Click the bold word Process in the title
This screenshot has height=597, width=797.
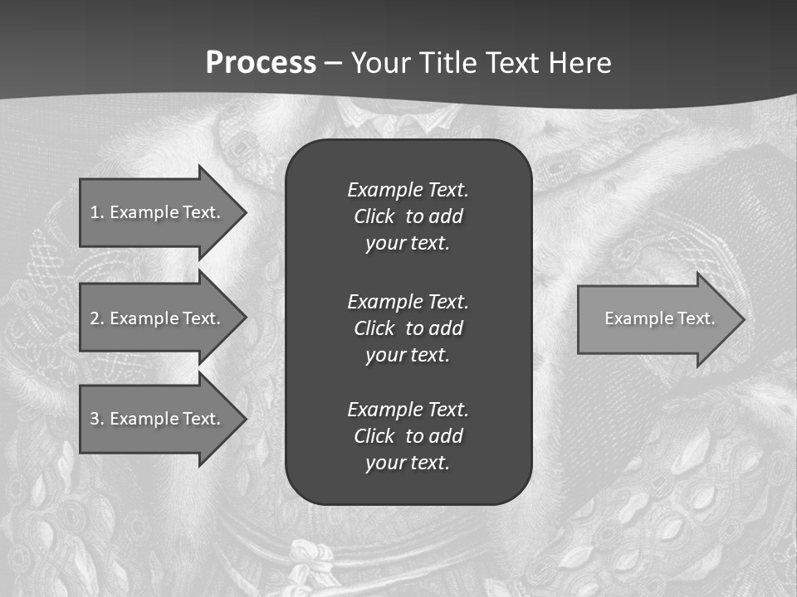point(261,63)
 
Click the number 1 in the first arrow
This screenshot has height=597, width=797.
point(95,212)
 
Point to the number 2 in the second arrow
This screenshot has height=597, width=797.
point(95,318)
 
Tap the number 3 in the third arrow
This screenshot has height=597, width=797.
point(95,419)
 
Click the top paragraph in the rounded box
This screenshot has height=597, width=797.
point(408,216)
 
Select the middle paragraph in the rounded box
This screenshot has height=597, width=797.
point(408,328)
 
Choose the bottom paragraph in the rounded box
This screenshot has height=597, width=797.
point(408,436)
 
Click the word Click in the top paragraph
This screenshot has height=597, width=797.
point(374,216)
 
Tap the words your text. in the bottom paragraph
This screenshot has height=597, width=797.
point(408,463)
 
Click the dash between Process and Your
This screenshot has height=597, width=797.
point(334,63)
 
